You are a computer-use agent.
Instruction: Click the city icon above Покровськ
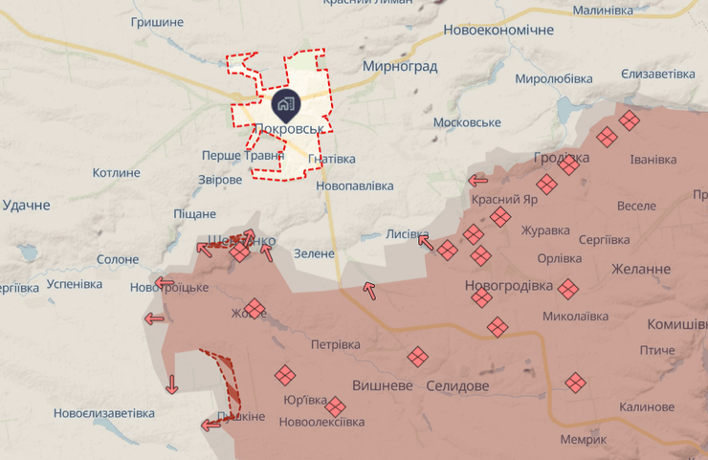pyautogui.click(x=285, y=102)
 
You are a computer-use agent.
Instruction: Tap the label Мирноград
pyautogui.click(x=400, y=67)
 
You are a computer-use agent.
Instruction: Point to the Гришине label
pyautogui.click(x=156, y=21)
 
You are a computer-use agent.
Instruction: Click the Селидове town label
pyautogui.click(x=457, y=385)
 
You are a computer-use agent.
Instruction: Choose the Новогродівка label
pyautogui.click(x=508, y=285)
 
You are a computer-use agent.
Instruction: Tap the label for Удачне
pyautogui.click(x=26, y=205)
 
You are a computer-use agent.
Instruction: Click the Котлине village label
pyautogui.click(x=117, y=173)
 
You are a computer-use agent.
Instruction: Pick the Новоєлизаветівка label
pyautogui.click(x=103, y=413)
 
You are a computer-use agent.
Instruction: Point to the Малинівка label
pyautogui.click(x=603, y=11)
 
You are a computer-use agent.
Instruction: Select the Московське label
pyautogui.click(x=467, y=122)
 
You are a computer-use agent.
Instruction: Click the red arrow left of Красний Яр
pyautogui.click(x=477, y=179)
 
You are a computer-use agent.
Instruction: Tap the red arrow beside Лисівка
pyautogui.click(x=425, y=241)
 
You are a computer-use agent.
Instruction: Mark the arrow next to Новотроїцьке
pyautogui.click(x=165, y=283)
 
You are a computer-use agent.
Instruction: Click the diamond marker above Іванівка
pyautogui.click(x=629, y=120)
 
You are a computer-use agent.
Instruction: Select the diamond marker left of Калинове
pyautogui.click(x=575, y=383)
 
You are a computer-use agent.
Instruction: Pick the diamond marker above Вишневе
pyautogui.click(x=417, y=357)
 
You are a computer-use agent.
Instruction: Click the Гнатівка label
pyautogui.click(x=332, y=159)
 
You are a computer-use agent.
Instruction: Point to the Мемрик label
pyautogui.click(x=584, y=439)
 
